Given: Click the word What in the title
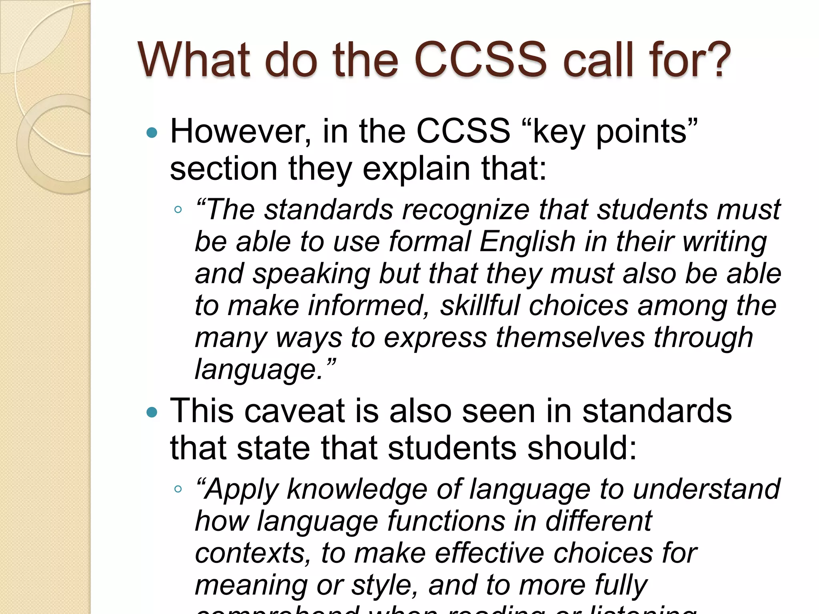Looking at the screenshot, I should pyautogui.click(x=194, y=60).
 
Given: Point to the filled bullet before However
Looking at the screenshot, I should pyautogui.click(x=152, y=132).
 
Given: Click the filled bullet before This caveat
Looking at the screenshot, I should pyautogui.click(x=152, y=412).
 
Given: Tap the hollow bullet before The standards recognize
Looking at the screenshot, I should pyautogui.click(x=178, y=209).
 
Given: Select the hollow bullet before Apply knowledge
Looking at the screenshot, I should pyautogui.click(x=178, y=488).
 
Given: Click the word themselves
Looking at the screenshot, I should pyautogui.click(x=570, y=338).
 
